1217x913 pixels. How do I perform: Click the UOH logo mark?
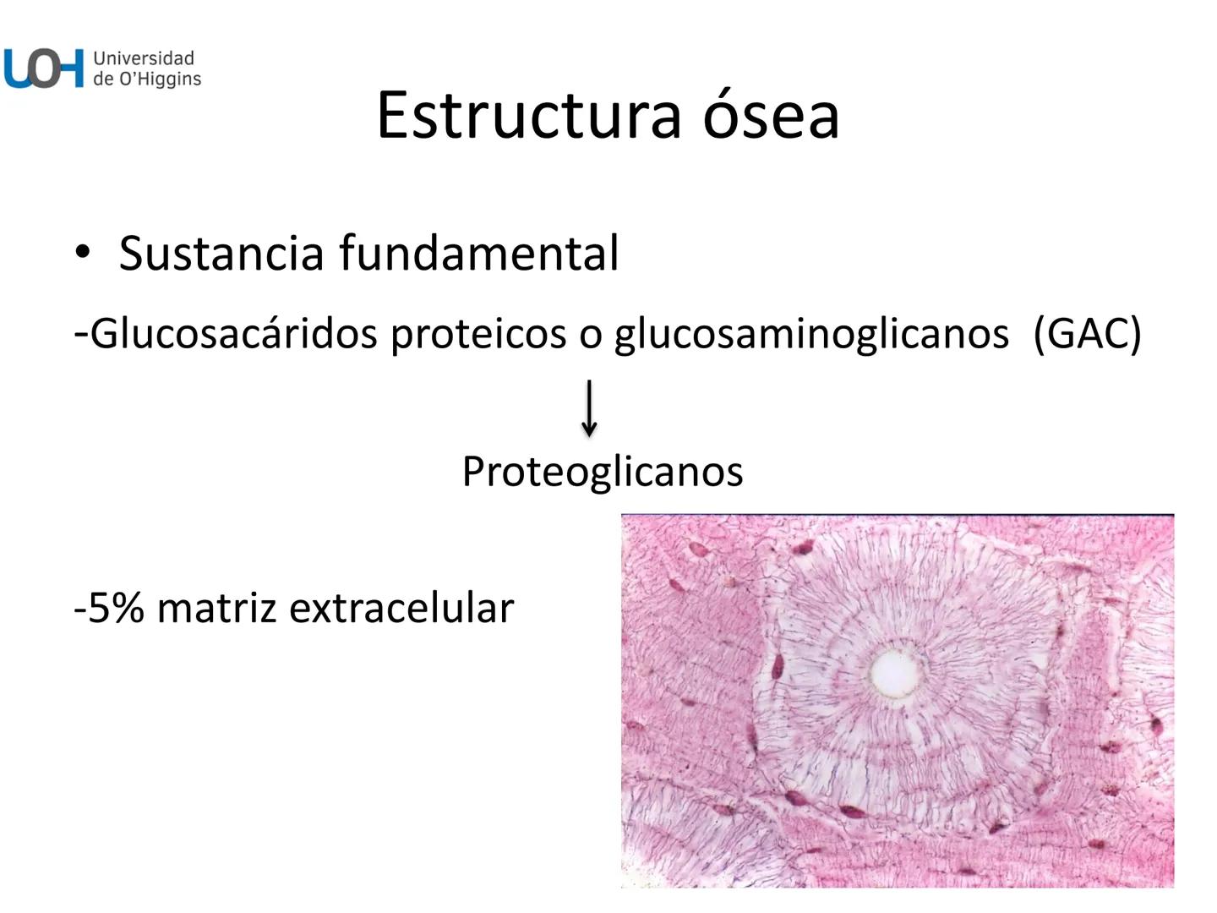(44, 68)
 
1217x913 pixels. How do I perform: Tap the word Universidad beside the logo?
(144, 58)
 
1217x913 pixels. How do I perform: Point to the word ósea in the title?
(772, 115)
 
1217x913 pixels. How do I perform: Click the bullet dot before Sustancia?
(82, 253)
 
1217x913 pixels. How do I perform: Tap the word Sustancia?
(221, 253)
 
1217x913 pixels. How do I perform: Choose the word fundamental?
(479, 253)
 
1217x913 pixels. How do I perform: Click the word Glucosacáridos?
(233, 334)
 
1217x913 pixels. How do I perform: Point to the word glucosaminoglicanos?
(811, 334)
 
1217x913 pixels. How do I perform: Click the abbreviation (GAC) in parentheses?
(1087, 334)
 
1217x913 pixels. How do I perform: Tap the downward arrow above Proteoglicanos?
(590, 407)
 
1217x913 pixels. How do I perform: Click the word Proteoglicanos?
(603, 471)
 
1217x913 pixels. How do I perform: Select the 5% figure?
(115, 608)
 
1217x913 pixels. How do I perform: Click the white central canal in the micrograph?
(895, 671)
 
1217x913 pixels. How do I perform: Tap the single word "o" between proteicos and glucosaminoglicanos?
(590, 336)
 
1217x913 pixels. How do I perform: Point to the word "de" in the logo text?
(104, 79)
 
